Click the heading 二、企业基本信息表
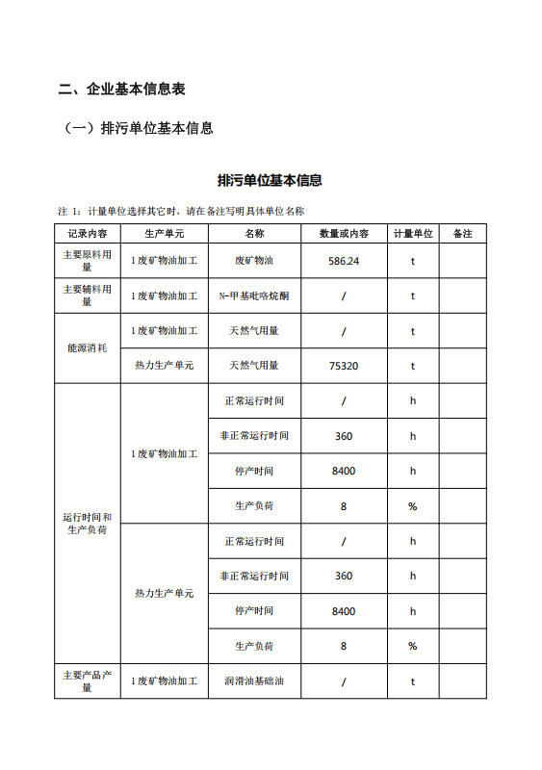tap(121, 90)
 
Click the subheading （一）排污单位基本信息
tap(136, 128)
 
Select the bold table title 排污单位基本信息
tap(270, 180)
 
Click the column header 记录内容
tap(87, 234)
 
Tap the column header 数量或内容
tap(344, 234)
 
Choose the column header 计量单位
tap(412, 234)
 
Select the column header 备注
tap(462, 234)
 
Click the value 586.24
tap(344, 261)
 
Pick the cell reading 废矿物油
tap(254, 261)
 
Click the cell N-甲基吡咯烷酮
tap(254, 295)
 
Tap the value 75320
tap(344, 366)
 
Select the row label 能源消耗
tap(87, 347)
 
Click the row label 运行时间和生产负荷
tap(87, 524)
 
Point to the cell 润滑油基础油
tap(254, 681)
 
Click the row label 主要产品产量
tap(87, 681)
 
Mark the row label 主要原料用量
tap(87, 261)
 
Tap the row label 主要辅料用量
tap(87, 295)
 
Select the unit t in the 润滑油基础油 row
tap(412, 681)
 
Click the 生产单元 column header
tap(164, 234)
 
